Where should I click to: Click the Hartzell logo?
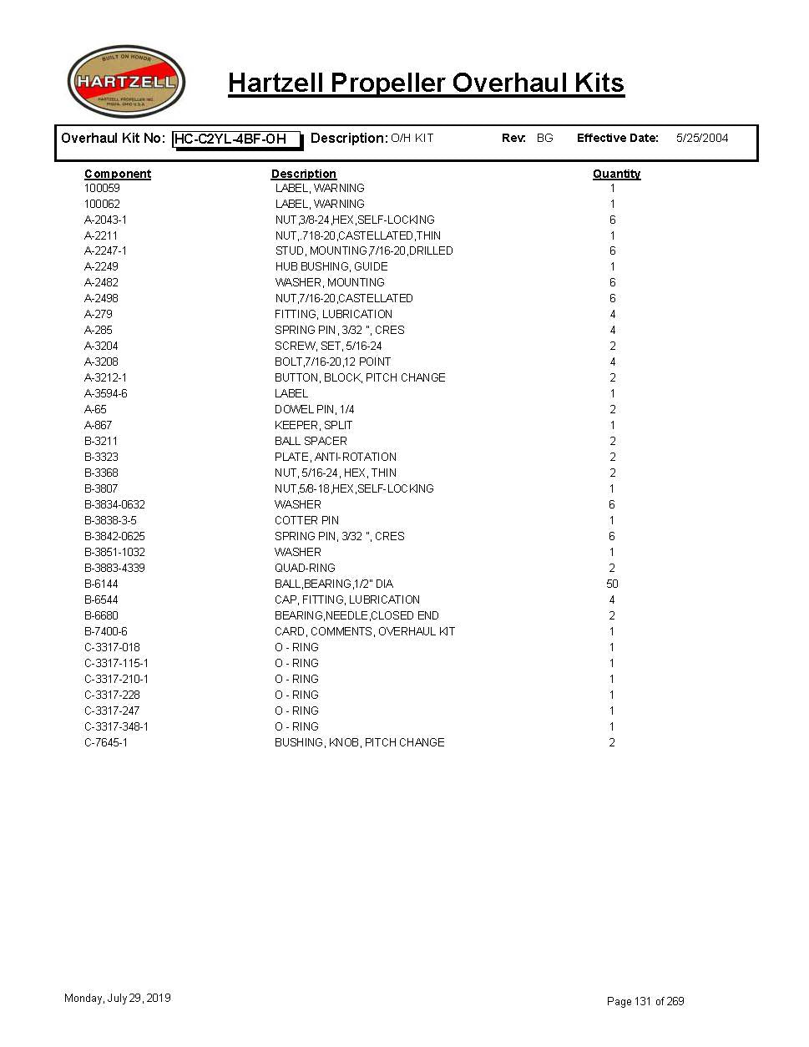click(x=126, y=82)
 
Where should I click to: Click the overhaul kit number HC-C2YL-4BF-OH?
click(x=236, y=139)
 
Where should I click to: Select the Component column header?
click(x=118, y=174)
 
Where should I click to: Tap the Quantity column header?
click(x=616, y=174)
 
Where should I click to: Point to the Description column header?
click(x=303, y=174)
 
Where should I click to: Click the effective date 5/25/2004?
click(x=701, y=139)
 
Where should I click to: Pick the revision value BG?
click(x=544, y=139)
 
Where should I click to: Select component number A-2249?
click(x=101, y=266)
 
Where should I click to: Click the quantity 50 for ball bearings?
click(x=612, y=584)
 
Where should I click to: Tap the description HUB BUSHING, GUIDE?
click(x=331, y=266)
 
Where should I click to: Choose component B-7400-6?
click(x=106, y=631)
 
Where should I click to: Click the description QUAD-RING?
click(x=305, y=568)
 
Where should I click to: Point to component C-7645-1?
click(x=106, y=742)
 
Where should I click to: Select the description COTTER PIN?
click(x=306, y=520)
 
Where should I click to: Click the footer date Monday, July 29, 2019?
click(x=118, y=998)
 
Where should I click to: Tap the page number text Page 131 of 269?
click(x=645, y=1001)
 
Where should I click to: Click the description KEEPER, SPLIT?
click(x=313, y=425)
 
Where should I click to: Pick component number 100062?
click(x=102, y=204)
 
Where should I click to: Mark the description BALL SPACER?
click(x=311, y=441)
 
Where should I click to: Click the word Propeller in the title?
click(x=389, y=83)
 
